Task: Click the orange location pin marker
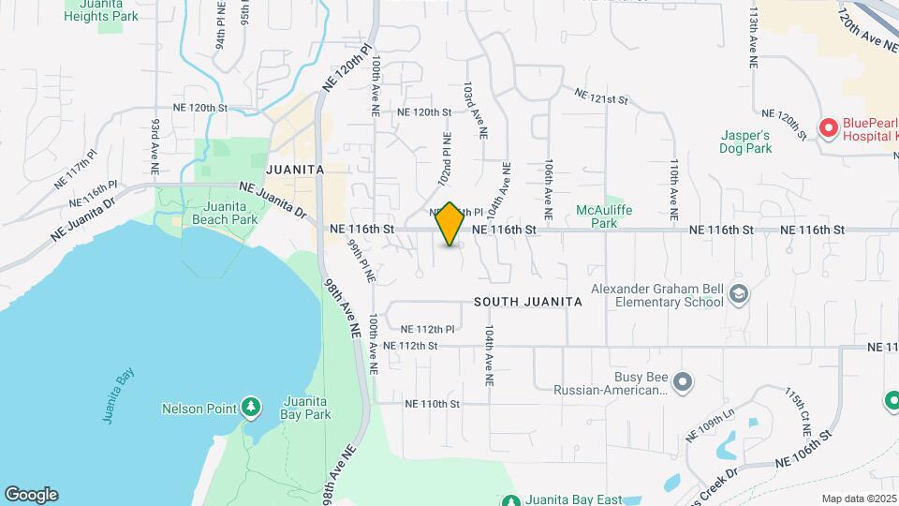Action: (449, 225)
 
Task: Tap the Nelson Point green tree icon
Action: (250, 408)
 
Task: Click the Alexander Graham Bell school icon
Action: (739, 295)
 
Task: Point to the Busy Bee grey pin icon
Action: (683, 380)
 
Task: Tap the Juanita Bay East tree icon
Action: (510, 499)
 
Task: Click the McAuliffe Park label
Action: (596, 217)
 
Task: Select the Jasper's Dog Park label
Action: (744, 141)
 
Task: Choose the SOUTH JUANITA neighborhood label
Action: (528, 302)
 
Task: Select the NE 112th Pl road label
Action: (427, 329)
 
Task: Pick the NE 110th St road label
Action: (433, 404)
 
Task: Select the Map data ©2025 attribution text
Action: (859, 499)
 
